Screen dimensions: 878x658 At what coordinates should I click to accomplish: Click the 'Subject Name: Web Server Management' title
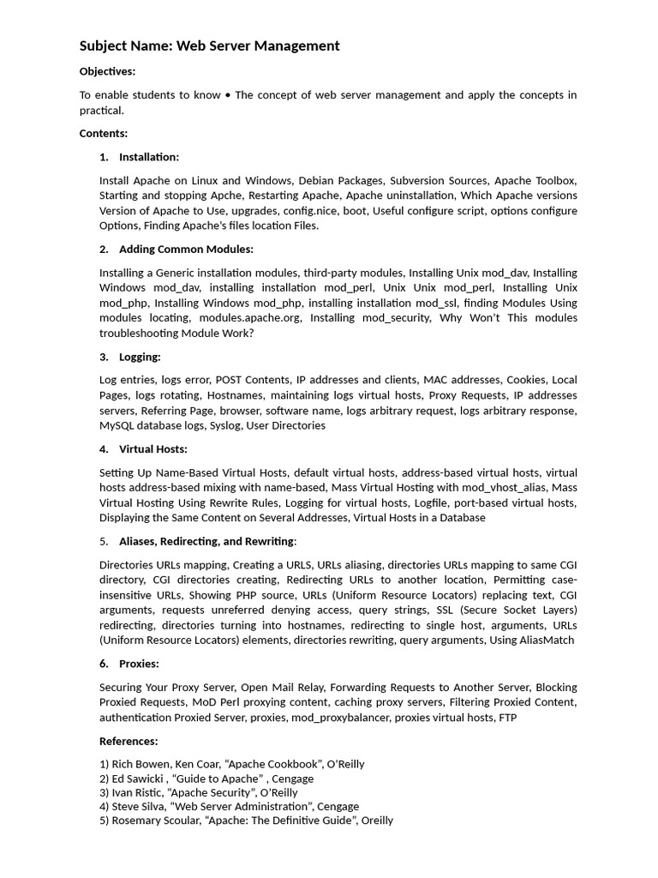click(x=210, y=46)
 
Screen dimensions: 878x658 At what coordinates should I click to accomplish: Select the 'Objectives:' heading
click(x=107, y=71)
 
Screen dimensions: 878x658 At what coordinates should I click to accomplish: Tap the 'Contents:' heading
click(x=104, y=133)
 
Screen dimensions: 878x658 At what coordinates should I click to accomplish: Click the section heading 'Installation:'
click(x=149, y=157)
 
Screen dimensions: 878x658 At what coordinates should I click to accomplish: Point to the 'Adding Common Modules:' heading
click(x=186, y=250)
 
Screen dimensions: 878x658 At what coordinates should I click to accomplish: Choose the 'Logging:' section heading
click(x=140, y=357)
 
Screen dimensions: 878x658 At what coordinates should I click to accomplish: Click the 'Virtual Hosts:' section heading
click(x=153, y=449)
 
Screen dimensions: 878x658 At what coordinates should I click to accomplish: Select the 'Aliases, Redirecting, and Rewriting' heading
click(x=206, y=541)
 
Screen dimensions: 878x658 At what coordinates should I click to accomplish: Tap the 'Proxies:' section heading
click(x=139, y=664)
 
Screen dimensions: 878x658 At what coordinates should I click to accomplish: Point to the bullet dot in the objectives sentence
click(x=227, y=95)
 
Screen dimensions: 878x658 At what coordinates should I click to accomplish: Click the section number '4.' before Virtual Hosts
click(x=104, y=449)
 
